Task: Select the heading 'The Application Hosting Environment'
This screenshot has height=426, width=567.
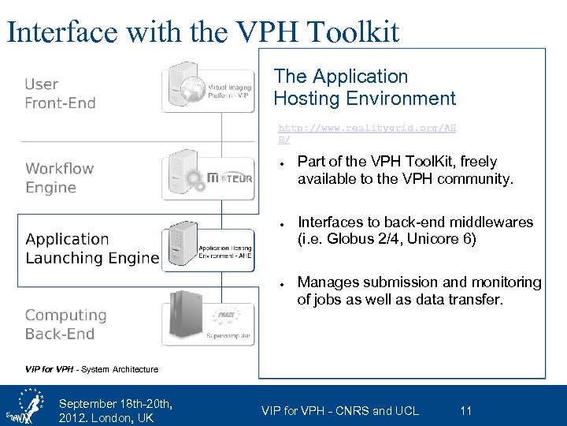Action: click(x=364, y=88)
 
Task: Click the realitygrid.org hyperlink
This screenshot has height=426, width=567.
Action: click(x=367, y=133)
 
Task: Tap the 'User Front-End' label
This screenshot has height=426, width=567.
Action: click(x=60, y=94)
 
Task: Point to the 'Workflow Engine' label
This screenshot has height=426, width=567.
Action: click(x=59, y=178)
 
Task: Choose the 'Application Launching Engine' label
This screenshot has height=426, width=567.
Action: click(x=91, y=248)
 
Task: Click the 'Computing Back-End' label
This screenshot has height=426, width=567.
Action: click(x=65, y=324)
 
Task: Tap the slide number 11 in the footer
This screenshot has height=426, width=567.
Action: click(x=465, y=410)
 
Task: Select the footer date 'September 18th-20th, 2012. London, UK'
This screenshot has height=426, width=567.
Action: click(x=115, y=411)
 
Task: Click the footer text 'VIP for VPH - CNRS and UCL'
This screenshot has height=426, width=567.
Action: click(x=339, y=410)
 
